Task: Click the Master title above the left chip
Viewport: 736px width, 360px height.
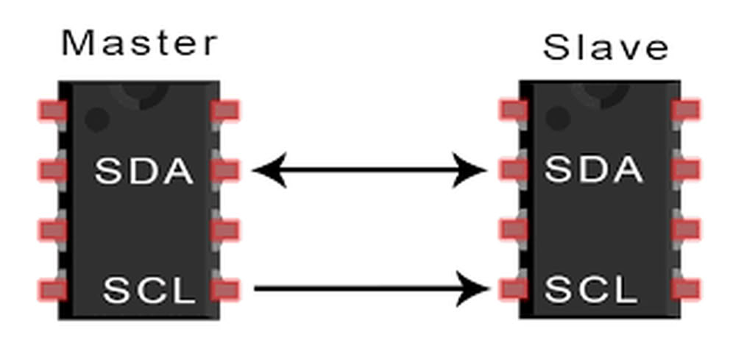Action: click(140, 43)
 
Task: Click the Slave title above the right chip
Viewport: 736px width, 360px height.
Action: click(605, 48)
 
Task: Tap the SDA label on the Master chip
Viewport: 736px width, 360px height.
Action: click(144, 172)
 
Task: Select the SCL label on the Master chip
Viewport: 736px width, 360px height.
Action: click(149, 290)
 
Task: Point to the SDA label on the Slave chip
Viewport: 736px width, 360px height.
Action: click(593, 171)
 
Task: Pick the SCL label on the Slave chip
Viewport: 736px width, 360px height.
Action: click(591, 290)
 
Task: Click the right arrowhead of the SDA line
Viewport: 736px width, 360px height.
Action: click(471, 171)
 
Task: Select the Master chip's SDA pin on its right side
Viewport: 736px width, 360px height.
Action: click(225, 171)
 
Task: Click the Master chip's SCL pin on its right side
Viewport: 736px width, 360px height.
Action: click(225, 289)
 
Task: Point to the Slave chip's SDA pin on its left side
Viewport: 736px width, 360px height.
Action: click(514, 170)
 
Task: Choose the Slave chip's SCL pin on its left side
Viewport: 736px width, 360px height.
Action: click(514, 289)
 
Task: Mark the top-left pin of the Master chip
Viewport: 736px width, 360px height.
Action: click(52, 111)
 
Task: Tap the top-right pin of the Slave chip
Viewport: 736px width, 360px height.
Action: click(685, 110)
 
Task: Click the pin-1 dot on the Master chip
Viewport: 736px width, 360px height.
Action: click(96, 119)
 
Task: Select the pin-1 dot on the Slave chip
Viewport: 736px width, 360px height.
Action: click(557, 118)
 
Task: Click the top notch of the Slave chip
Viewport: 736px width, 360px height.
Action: click(600, 93)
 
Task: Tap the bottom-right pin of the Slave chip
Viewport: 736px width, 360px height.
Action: click(685, 289)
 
